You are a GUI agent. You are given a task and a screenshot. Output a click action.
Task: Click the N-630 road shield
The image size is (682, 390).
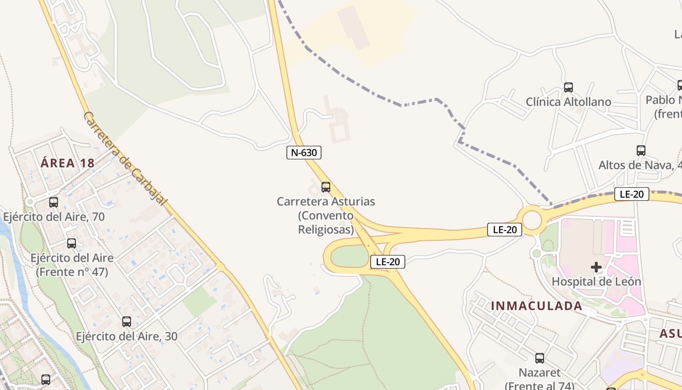pyautogui.click(x=303, y=153)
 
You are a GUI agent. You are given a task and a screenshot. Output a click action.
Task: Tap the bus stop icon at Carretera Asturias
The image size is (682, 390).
pyautogui.click(x=326, y=187)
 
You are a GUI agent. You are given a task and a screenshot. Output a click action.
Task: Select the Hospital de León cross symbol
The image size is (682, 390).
pyautogui.click(x=596, y=267)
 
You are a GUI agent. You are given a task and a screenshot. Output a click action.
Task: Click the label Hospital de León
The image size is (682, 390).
pyautogui.click(x=596, y=281)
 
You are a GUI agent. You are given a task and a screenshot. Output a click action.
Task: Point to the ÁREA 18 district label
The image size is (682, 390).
pyautogui.click(x=67, y=163)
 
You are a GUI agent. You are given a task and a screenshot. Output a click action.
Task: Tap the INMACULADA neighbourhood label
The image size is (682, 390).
pyautogui.click(x=536, y=306)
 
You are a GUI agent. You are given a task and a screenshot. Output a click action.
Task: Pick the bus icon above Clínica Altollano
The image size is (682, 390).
pyautogui.click(x=568, y=88)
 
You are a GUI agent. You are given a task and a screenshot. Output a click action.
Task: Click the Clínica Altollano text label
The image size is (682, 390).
pyautogui.click(x=568, y=102)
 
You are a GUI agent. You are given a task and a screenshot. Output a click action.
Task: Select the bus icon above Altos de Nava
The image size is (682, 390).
pyautogui.click(x=641, y=151)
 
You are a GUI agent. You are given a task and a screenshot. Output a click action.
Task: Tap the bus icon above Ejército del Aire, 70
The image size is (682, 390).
pyautogui.click(x=54, y=202)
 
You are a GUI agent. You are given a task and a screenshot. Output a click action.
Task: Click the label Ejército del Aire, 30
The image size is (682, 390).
pyautogui.click(x=127, y=336)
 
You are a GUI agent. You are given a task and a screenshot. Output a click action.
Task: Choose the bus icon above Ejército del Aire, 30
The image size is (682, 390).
pyautogui.click(x=127, y=322)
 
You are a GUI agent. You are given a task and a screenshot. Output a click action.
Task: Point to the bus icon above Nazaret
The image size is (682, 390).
pyautogui.click(x=539, y=358)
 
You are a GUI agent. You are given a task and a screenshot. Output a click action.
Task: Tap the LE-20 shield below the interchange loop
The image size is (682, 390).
pyautogui.click(x=388, y=262)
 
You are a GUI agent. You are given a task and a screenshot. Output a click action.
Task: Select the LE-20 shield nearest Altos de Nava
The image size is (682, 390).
pyautogui.click(x=631, y=194)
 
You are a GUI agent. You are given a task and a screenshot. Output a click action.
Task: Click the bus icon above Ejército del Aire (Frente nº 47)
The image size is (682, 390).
pyautogui.click(x=72, y=243)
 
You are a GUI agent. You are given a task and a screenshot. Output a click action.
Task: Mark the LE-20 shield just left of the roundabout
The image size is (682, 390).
pyautogui.click(x=505, y=230)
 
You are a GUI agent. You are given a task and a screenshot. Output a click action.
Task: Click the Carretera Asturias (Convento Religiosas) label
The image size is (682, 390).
pyautogui.click(x=326, y=215)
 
